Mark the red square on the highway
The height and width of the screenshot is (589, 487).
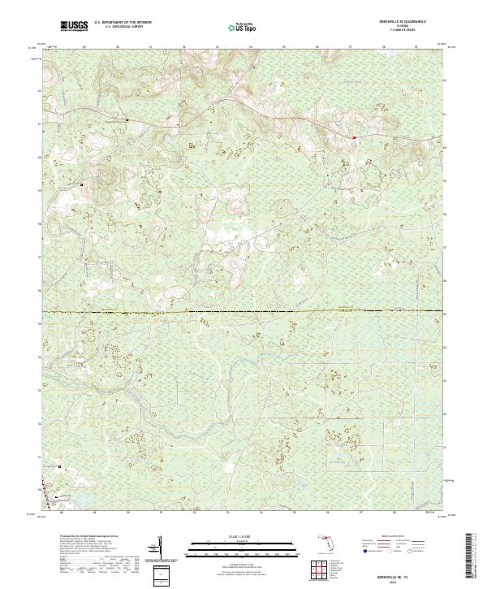[x=355, y=137]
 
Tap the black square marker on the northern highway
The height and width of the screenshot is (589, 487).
[x=127, y=120]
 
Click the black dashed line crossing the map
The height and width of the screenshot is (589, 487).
[x=243, y=311]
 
